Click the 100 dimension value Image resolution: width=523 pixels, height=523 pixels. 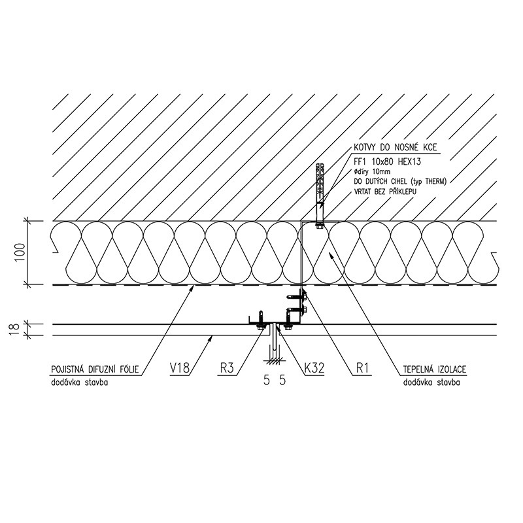pyautogui.click(x=20, y=252)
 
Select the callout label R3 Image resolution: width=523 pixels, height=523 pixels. pyautogui.click(x=227, y=368)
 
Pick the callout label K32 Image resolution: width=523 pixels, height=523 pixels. pyautogui.click(x=314, y=368)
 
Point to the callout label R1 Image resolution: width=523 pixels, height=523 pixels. pyautogui.click(x=363, y=368)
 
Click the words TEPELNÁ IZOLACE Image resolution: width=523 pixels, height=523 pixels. pyautogui.click(x=435, y=369)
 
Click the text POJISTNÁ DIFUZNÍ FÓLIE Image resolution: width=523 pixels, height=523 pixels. pyautogui.click(x=95, y=369)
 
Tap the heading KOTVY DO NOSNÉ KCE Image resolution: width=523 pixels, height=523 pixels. pyautogui.click(x=396, y=147)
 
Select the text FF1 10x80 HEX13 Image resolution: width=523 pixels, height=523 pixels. pyautogui.click(x=387, y=161)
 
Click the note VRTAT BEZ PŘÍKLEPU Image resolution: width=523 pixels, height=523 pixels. pyautogui.click(x=385, y=192)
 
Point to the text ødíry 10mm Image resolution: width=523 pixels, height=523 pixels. pyautogui.click(x=371, y=172)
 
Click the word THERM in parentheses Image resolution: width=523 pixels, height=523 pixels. pyautogui.click(x=435, y=182)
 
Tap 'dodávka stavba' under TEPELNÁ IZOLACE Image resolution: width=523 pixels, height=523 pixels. pyautogui.click(x=431, y=382)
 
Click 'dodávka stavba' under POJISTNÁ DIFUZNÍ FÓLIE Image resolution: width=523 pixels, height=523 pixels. pyautogui.click(x=79, y=382)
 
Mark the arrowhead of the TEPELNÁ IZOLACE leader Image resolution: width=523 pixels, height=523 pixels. pyautogui.click(x=330, y=255)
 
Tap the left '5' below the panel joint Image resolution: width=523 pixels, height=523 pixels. pyautogui.click(x=266, y=380)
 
